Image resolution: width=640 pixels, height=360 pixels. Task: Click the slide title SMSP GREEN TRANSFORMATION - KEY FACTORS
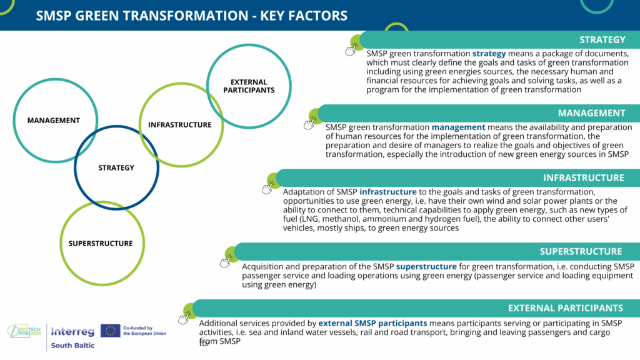click(x=191, y=16)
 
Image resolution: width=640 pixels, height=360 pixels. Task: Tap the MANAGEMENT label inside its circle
click(x=54, y=121)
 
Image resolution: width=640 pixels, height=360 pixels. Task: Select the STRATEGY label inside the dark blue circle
click(x=116, y=167)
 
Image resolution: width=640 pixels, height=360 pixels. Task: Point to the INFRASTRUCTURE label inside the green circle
click(x=179, y=125)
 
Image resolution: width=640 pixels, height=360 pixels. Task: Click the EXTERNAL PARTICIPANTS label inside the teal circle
click(x=249, y=86)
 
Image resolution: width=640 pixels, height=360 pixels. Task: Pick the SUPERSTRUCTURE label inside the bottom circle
click(x=101, y=244)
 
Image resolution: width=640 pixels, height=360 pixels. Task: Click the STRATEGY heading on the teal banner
click(x=602, y=40)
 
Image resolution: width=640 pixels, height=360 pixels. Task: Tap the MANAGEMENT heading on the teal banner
click(x=591, y=113)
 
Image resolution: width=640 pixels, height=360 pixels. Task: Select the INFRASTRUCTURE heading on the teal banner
click(x=583, y=178)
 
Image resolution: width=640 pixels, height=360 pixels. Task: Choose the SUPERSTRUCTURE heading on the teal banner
click(x=581, y=251)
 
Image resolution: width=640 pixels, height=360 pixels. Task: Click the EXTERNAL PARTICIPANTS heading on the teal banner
click(x=565, y=308)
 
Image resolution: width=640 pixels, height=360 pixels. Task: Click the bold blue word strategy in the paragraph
click(x=489, y=54)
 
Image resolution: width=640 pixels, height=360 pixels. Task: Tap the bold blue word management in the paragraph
click(x=458, y=127)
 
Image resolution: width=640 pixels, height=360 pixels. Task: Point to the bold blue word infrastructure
click(x=387, y=192)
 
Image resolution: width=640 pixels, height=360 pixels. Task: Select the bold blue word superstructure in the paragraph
click(x=426, y=266)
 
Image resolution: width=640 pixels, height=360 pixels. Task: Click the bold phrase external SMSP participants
click(x=372, y=323)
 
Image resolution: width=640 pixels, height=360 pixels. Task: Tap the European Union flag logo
click(x=110, y=331)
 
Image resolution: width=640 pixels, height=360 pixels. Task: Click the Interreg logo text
click(x=72, y=331)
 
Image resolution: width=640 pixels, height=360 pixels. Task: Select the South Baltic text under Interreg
click(x=72, y=345)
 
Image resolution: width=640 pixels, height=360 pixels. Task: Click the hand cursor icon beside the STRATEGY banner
click(x=350, y=51)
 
